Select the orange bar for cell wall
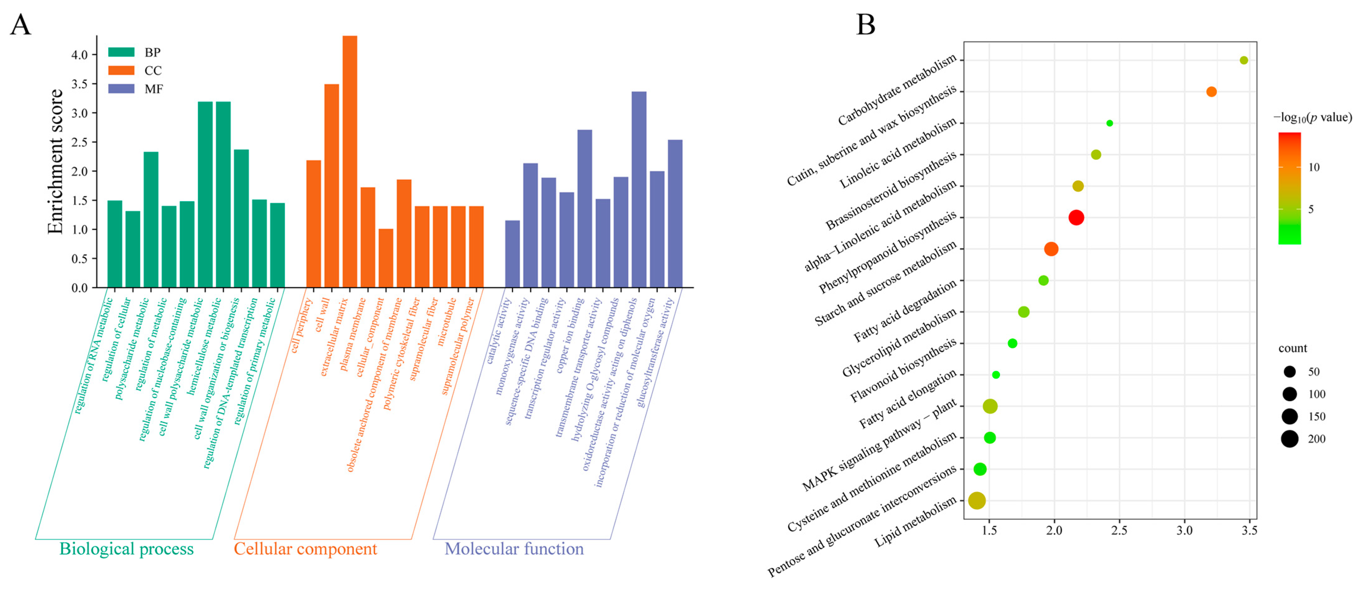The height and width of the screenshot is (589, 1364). click(331, 185)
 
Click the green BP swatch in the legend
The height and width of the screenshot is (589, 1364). click(121, 52)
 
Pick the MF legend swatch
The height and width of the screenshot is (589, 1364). click(121, 88)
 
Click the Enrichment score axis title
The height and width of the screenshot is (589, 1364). click(55, 161)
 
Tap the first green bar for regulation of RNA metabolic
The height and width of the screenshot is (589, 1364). click(115, 244)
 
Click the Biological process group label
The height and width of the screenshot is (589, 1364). click(127, 549)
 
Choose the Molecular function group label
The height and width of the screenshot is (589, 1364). click(514, 549)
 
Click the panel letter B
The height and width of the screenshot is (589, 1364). click(866, 25)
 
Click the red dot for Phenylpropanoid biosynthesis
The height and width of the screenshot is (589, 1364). click(1076, 218)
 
